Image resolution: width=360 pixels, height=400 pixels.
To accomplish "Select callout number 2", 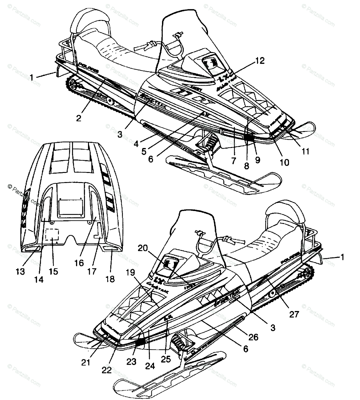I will [78, 118].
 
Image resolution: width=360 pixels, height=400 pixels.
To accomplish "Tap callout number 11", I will [306, 152].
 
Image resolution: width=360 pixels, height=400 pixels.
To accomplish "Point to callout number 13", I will [20, 272].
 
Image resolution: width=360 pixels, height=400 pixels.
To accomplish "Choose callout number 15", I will [53, 272].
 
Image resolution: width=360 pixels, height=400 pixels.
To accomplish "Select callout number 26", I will [253, 337].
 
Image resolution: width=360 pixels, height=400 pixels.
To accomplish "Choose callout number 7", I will [233, 161].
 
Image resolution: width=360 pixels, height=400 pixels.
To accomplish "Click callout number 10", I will [284, 162].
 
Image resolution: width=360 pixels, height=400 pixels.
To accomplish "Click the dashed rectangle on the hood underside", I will [52, 234].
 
